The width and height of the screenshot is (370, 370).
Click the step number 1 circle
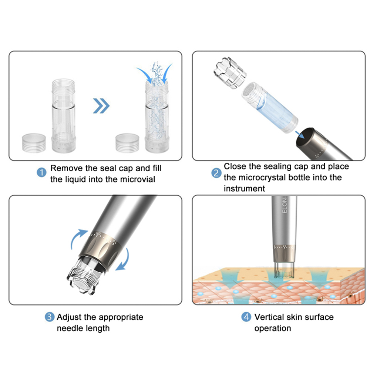coord(42,173)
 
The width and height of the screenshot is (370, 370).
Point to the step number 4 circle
coord(246,317)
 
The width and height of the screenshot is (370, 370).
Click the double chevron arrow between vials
coord(101,107)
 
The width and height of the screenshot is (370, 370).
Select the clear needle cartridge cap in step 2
coord(229,72)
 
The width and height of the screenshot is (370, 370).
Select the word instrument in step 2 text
coord(244,188)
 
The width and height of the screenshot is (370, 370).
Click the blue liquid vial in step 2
coord(272,107)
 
